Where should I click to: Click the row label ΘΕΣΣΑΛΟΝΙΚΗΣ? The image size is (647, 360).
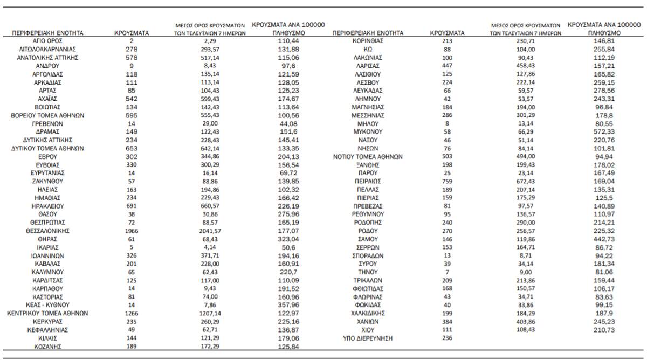pos(47,231)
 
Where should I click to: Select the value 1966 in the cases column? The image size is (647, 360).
pos(132,231)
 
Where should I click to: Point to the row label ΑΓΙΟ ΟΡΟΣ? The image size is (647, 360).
pos(47,41)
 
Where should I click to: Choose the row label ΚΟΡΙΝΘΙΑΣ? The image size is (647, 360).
pos(368,41)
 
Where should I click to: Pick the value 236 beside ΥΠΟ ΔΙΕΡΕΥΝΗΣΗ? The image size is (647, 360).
pos(447,338)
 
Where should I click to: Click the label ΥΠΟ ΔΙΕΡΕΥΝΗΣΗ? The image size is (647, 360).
pos(368,338)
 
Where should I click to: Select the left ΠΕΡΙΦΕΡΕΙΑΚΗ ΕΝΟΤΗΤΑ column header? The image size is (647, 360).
pos(47,33)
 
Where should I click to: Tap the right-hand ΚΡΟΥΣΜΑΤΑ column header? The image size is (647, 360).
pos(447,33)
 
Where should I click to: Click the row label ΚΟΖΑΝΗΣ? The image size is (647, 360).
pos(47,346)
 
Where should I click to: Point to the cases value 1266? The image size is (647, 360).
pos(132,313)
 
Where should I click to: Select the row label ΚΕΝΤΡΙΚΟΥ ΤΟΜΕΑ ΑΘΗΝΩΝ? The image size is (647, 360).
pos(47,313)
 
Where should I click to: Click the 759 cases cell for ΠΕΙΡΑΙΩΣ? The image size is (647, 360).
pos(447,181)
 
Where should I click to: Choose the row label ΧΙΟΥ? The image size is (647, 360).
pos(368,329)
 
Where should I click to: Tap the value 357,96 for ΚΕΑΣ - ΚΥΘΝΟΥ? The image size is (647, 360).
pos(286,305)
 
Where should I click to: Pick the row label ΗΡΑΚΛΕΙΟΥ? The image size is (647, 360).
pos(47,206)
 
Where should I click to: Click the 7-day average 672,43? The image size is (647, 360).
pos(526,181)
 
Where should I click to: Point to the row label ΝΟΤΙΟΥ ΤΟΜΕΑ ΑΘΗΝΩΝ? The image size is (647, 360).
pos(368,156)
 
